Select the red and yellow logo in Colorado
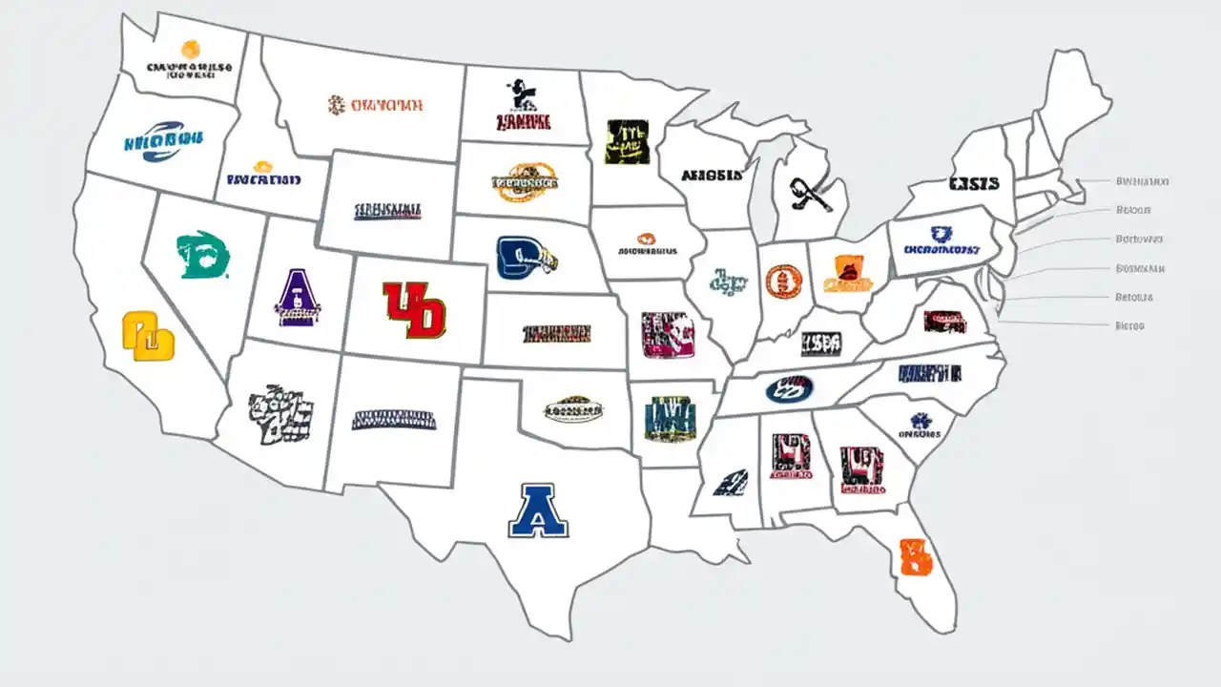pyautogui.click(x=413, y=309)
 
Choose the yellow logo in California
pyautogui.click(x=149, y=337)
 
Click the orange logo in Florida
pyautogui.click(x=915, y=557)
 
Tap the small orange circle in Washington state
pyautogui.click(x=191, y=49)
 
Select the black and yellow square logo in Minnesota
pyautogui.click(x=627, y=141)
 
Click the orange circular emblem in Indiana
pyautogui.click(x=783, y=281)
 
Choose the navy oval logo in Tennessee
pyautogui.click(x=789, y=388)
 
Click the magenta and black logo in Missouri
pyautogui.click(x=668, y=335)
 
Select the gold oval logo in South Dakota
pyautogui.click(x=525, y=181)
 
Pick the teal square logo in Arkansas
pyautogui.click(x=669, y=419)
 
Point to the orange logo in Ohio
pyautogui.click(x=847, y=273)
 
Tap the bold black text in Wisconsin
pyautogui.click(x=711, y=176)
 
